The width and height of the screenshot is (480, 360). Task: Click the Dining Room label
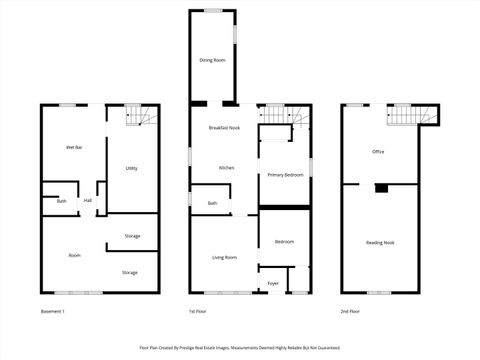tap(212, 61)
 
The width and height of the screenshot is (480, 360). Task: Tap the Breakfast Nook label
tap(224, 128)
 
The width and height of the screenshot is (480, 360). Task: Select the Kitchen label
tap(227, 167)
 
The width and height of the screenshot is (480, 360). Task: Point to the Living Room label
tap(224, 257)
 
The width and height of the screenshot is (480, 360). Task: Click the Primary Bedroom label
tap(285, 175)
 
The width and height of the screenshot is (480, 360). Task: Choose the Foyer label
tap(273, 284)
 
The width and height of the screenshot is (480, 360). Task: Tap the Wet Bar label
tap(74, 147)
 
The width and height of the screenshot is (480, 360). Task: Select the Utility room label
tap(132, 168)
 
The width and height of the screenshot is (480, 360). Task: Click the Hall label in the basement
tap(88, 201)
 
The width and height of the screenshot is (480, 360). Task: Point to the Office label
tap(378, 152)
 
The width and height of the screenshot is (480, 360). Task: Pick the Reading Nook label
tap(380, 243)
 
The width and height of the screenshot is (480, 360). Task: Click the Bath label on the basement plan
tap(61, 201)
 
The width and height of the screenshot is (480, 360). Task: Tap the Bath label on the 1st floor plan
tap(212, 203)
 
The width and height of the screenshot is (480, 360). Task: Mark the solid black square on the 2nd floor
tap(381, 187)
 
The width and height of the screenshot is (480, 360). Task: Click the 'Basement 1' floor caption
tap(53, 312)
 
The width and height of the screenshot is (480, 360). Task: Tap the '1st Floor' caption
tap(198, 312)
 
